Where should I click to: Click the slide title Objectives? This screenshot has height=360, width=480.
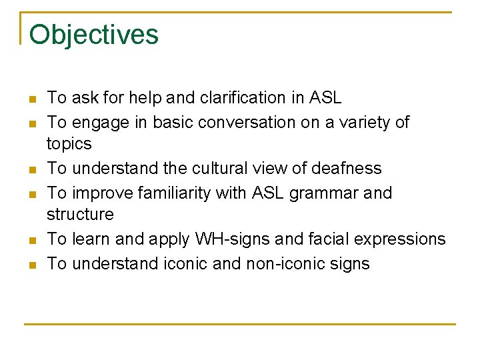(x=94, y=35)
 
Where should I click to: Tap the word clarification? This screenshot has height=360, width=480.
(x=241, y=98)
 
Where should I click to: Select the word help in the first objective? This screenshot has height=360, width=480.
(x=145, y=98)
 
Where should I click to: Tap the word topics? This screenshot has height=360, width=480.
(x=69, y=144)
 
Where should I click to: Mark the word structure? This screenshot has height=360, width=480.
(x=80, y=215)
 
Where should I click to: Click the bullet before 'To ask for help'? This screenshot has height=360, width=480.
(x=31, y=99)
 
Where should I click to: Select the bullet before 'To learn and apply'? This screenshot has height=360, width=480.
(x=31, y=240)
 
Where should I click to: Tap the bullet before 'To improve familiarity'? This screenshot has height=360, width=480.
(x=31, y=194)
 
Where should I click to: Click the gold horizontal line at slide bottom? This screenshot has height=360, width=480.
(x=240, y=324)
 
